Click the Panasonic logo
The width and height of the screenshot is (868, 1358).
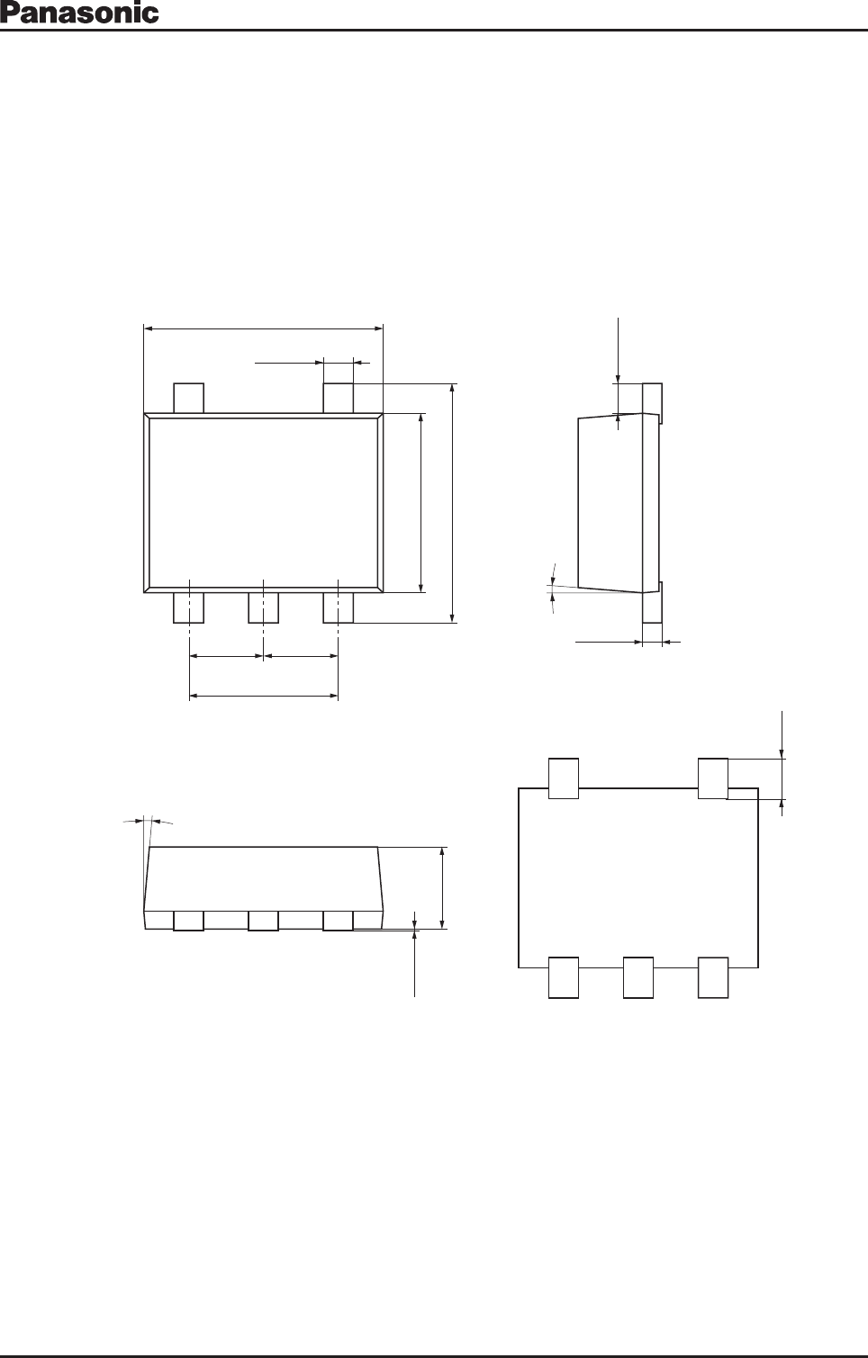point(79,13)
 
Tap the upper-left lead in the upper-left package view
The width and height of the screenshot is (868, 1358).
point(189,399)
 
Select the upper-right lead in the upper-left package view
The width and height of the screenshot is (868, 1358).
point(338,399)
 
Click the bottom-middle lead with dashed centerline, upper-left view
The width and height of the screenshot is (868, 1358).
point(263,607)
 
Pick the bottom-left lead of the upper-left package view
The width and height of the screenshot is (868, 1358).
point(189,607)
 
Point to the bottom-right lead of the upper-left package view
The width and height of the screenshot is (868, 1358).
point(338,607)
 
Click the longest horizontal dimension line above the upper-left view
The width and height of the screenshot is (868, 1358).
point(263,328)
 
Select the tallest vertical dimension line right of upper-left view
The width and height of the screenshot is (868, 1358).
point(453,503)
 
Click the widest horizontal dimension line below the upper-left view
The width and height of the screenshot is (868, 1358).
point(263,696)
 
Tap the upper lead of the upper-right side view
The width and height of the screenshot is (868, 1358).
point(653,402)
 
